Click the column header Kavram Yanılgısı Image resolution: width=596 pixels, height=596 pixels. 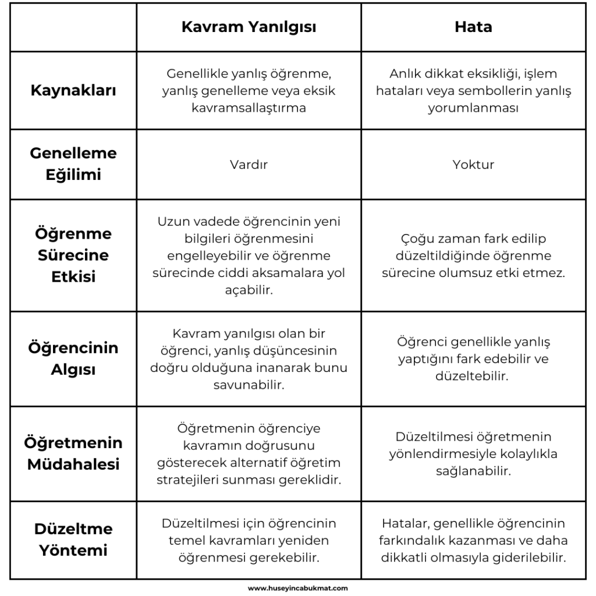[x=249, y=27]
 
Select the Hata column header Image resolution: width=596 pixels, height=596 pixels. [x=473, y=27]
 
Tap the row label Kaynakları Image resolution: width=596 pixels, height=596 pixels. [x=73, y=91]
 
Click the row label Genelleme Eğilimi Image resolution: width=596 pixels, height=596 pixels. [x=73, y=164]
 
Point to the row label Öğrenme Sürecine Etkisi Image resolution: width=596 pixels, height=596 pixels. [x=73, y=255]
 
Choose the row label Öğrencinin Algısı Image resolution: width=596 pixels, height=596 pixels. [x=73, y=359]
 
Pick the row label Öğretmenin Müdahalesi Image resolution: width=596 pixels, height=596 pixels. [x=73, y=453]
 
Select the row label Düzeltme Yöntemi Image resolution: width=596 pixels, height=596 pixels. [x=73, y=540]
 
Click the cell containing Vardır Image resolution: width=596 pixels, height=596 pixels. [x=249, y=164]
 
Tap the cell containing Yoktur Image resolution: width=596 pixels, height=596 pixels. [x=473, y=164]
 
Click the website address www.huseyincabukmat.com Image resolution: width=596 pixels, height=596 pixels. [x=298, y=588]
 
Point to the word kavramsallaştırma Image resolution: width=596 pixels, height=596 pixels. [x=249, y=108]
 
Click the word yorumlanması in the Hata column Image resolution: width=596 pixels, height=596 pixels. [x=473, y=108]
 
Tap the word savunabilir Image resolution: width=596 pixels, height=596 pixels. [x=249, y=385]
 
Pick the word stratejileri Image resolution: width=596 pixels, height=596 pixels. [x=190, y=480]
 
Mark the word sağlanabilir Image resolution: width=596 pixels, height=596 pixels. [x=473, y=471]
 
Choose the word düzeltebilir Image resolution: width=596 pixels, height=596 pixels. [x=473, y=376]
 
